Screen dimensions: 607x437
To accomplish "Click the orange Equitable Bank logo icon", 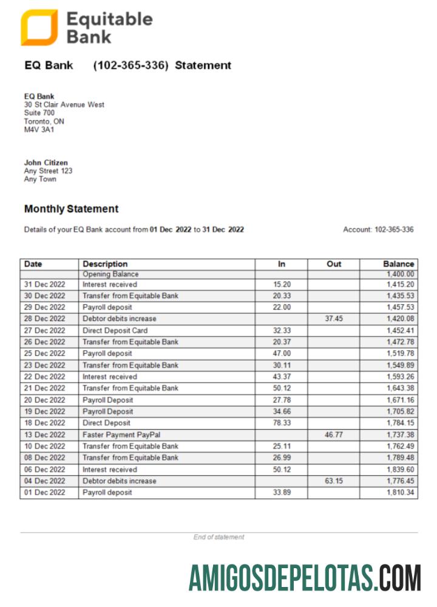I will (39, 27).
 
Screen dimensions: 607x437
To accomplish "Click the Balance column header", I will (398, 264).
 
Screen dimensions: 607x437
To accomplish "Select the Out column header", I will (334, 264).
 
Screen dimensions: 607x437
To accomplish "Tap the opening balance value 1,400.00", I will (400, 274).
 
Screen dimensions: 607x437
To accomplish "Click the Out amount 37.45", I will (334, 319).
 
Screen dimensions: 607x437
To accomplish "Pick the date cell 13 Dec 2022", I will (44, 435).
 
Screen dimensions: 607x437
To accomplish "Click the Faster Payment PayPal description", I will (116, 435).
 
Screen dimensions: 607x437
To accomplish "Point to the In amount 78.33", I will (282, 423).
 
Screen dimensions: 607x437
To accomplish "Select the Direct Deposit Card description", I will (115, 331).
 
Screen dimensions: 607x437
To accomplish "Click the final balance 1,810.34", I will (400, 492).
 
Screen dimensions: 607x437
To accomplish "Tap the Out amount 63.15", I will (334, 481).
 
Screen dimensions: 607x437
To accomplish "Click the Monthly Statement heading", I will (71, 209).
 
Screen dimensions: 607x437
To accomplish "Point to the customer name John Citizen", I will (46, 163).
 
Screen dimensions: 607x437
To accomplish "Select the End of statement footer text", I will (218, 537).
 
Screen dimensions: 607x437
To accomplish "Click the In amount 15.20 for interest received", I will (282, 284).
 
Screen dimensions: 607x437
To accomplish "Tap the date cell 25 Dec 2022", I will (44, 353).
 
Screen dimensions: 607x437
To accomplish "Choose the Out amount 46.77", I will (334, 435).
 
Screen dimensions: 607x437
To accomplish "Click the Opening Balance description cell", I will (110, 274).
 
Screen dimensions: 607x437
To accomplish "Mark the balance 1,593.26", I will (400, 376).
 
